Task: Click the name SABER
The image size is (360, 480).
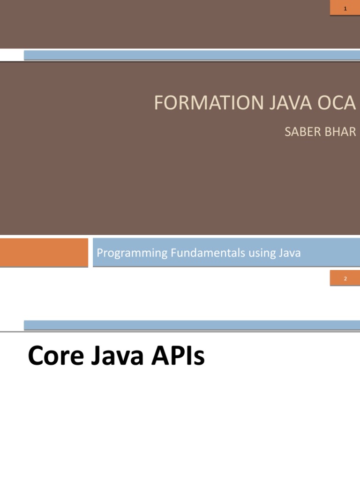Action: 302,132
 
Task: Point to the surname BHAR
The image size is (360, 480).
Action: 341,132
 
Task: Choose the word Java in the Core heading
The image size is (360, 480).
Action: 113,357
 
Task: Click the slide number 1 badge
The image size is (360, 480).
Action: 345,8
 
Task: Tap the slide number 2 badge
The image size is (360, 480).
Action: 345,279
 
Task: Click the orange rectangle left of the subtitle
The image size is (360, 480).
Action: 44,252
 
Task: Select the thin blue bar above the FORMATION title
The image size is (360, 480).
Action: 192,55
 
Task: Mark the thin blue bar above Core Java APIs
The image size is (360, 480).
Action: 192,325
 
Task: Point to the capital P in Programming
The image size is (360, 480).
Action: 99,253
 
